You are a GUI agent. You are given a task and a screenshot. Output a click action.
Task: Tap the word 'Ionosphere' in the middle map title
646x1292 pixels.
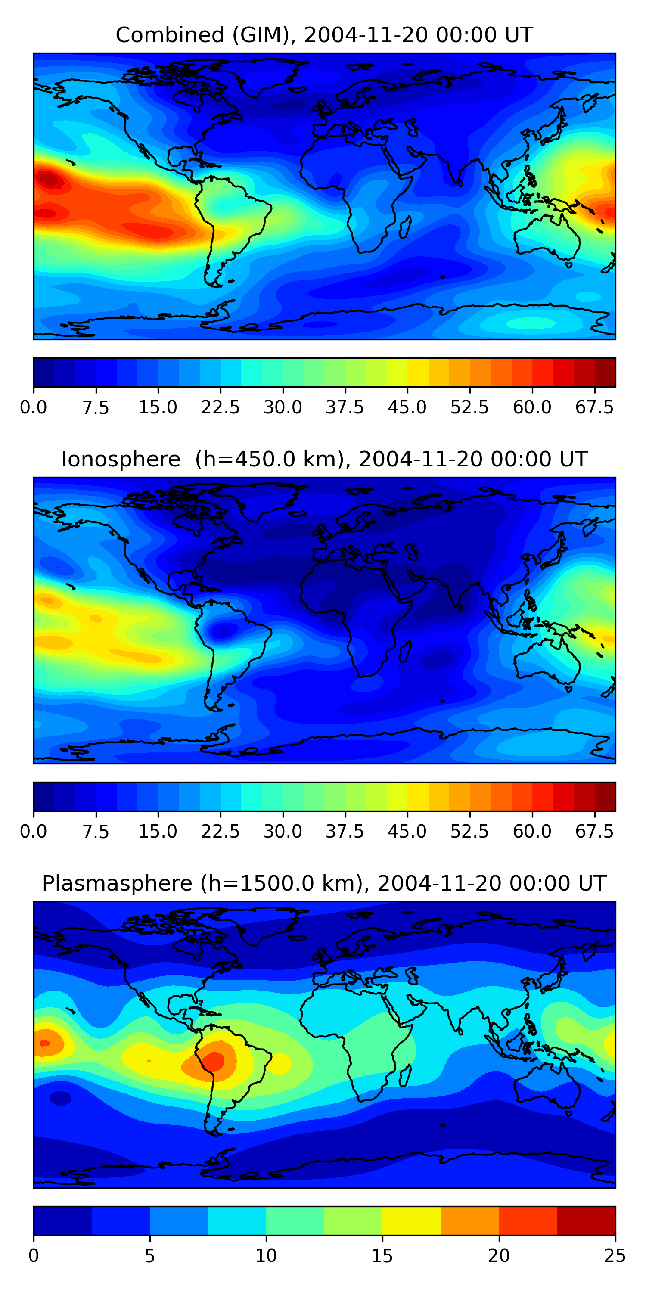(x=121, y=460)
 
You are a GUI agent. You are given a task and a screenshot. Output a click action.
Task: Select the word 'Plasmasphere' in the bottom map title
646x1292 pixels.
(x=117, y=883)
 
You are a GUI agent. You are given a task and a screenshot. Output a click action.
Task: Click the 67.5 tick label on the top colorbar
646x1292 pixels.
(x=594, y=407)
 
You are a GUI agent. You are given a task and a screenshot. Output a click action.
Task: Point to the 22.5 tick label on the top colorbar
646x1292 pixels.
(x=220, y=407)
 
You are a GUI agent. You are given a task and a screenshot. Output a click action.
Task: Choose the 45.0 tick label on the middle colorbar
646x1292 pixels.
(x=407, y=831)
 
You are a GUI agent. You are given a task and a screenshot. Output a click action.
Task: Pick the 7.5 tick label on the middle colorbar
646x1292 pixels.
(x=96, y=831)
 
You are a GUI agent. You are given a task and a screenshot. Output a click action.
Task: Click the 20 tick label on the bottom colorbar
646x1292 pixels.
(x=499, y=1255)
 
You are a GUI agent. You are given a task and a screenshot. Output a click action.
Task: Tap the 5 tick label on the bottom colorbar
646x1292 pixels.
(x=149, y=1255)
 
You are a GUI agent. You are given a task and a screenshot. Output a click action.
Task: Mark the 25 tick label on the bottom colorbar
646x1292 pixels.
(x=615, y=1255)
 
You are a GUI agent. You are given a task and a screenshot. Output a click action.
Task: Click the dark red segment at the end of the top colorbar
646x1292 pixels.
(x=605, y=372)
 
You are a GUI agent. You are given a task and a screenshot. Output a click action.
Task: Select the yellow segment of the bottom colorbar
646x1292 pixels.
(x=411, y=1220)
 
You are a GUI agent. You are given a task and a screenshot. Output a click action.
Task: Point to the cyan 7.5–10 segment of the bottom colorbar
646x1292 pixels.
(x=237, y=1220)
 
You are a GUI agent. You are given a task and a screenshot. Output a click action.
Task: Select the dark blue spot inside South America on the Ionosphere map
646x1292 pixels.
(x=224, y=630)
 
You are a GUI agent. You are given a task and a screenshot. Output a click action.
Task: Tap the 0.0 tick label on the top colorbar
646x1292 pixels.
(x=34, y=407)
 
